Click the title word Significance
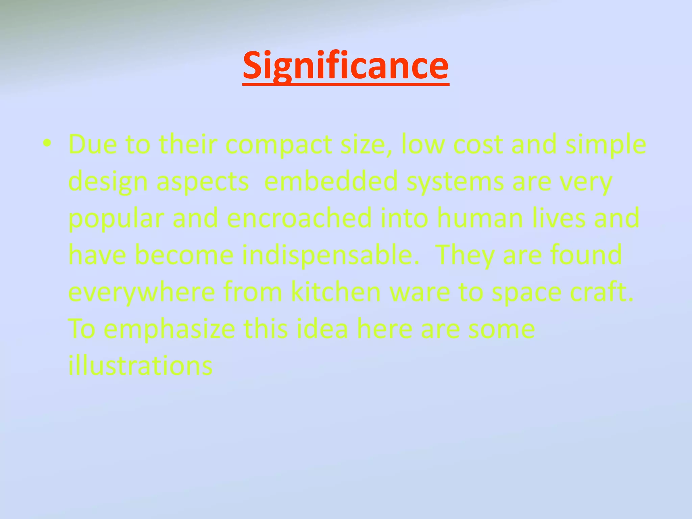coord(346,66)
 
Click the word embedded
coord(331,181)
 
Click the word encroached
coord(299,218)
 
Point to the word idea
coord(322,329)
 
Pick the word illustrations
coord(140,366)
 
